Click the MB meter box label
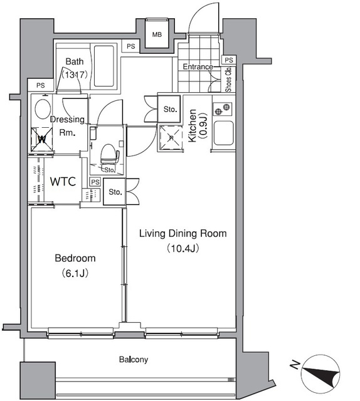[x=157, y=34]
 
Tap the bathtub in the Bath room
[x=103, y=66]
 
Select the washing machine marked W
[x=42, y=140]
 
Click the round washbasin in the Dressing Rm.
[x=43, y=109]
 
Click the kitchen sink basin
[x=223, y=133]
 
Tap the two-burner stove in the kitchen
[x=222, y=109]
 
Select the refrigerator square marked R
[x=171, y=138]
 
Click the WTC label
[x=63, y=181]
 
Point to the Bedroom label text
[x=75, y=258]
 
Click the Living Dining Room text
[x=183, y=234]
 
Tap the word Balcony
[x=134, y=360]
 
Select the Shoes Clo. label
[x=228, y=80]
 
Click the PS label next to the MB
[x=131, y=46]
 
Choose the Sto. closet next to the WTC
[x=114, y=192]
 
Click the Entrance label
[x=198, y=67]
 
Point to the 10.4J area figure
[x=183, y=248]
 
